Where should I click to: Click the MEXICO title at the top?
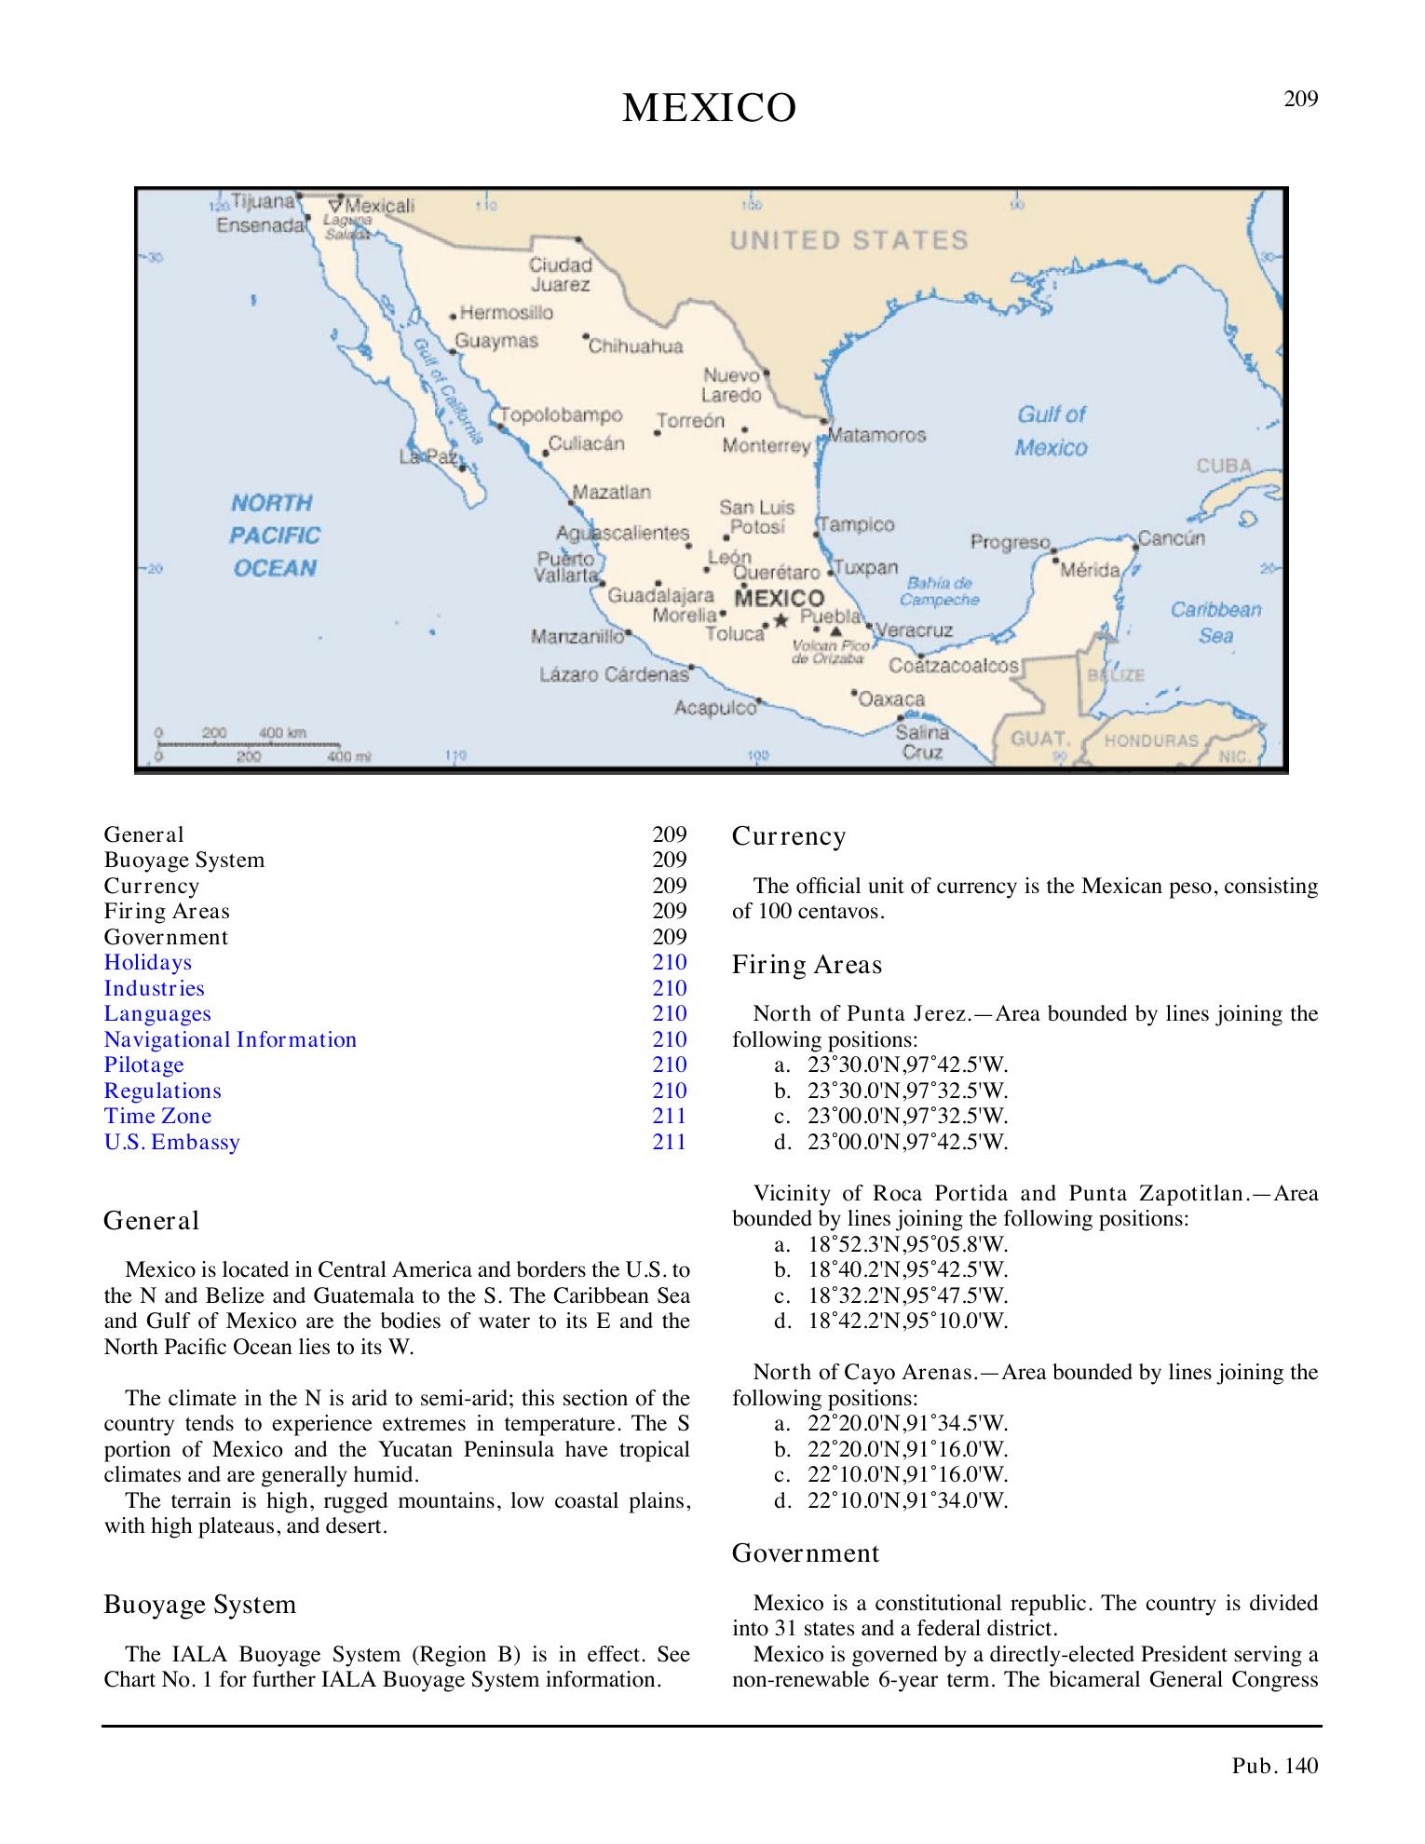[709, 109]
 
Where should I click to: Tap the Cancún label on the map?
[1172, 538]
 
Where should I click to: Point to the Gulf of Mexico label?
[1052, 431]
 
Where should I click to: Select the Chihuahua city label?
[636, 346]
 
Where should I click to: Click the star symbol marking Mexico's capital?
[780, 619]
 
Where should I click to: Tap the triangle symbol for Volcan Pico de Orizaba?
[836, 630]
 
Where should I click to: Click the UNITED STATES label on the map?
[848, 240]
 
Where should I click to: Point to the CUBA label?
[1224, 466]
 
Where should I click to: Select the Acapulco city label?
[715, 708]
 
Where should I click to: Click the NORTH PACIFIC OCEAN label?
[275, 536]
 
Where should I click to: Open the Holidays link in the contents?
[147, 962]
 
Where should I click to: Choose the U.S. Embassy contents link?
[171, 1142]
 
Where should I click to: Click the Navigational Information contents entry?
[230, 1039]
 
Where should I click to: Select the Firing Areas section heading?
[807, 965]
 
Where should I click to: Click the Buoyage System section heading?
[199, 1605]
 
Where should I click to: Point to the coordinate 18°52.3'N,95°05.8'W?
[907, 1244]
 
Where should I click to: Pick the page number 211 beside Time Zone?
[669, 1116]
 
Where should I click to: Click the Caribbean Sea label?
[1215, 622]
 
